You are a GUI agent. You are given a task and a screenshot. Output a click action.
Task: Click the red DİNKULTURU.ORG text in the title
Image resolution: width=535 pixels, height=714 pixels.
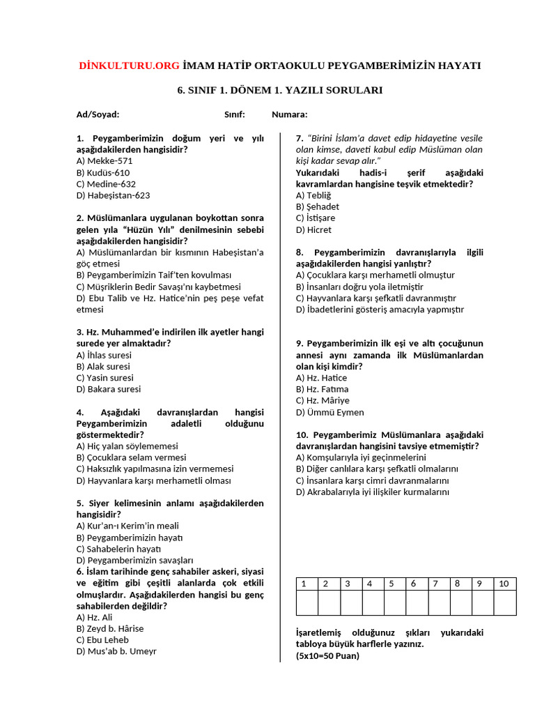129,66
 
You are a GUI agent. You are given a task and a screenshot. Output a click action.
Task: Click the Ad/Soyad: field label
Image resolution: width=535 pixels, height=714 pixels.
98,114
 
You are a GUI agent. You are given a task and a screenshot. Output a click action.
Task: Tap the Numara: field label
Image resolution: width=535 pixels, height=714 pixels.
289,114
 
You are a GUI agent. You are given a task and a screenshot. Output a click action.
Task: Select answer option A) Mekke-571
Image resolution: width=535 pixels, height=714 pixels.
104,161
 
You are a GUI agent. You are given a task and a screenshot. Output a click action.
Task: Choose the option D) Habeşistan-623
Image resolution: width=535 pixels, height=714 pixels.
113,195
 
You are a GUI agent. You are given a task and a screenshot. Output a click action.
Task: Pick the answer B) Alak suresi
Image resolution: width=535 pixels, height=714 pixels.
103,366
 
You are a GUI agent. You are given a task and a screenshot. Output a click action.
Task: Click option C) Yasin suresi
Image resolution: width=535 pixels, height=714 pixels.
104,378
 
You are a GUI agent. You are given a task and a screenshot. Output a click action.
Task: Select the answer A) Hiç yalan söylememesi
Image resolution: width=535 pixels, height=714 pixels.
127,446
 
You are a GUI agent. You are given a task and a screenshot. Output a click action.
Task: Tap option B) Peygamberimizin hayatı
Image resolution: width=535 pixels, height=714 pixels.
129,538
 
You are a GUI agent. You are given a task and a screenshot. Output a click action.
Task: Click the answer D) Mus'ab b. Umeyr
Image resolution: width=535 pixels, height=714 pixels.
116,651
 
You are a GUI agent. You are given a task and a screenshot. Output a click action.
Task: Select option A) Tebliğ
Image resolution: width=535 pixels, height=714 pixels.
313,195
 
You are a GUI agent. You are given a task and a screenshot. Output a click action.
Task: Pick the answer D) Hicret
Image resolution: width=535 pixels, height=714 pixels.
313,229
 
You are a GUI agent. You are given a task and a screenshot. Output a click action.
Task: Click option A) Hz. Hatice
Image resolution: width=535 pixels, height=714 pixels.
321,378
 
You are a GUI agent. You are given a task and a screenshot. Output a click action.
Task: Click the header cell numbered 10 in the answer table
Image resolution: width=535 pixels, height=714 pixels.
504,584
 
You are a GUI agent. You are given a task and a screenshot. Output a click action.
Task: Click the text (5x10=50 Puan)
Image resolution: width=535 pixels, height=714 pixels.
327,656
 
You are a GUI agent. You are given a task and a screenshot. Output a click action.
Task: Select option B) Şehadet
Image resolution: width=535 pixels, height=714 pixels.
318,206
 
